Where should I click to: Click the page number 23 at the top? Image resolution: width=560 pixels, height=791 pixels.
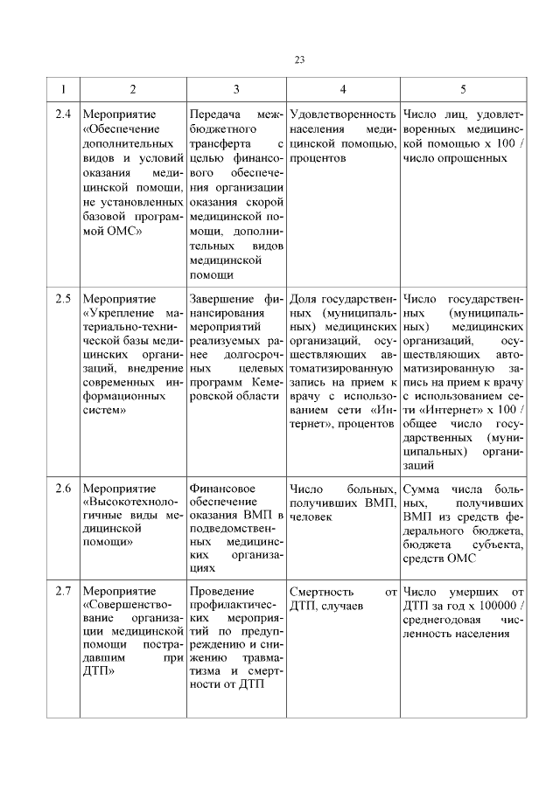click(299, 59)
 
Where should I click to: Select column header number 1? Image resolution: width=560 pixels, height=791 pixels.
click(62, 89)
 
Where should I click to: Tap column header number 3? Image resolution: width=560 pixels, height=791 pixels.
click(236, 89)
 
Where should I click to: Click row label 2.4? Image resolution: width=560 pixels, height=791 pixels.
click(62, 114)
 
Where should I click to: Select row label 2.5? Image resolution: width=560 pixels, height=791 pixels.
click(62, 298)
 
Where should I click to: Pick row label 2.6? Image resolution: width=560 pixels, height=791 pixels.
click(62, 487)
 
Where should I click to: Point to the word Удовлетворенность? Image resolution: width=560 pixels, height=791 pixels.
click(342, 114)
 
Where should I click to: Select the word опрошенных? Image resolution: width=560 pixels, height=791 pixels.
click(478, 158)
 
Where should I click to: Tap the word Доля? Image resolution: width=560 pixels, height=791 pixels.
click(302, 298)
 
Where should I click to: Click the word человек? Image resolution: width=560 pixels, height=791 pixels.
click(311, 517)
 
